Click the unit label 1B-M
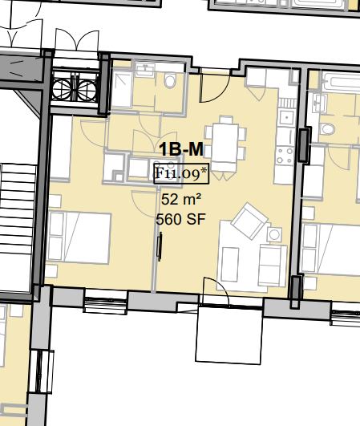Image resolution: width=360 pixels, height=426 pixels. tap(181, 149)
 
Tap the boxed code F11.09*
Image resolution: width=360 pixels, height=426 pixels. tap(181, 173)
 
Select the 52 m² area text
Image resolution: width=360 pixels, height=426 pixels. tap(181, 200)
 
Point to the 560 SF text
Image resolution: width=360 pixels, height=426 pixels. tap(181, 219)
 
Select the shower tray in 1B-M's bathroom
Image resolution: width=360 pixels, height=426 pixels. tap(122, 89)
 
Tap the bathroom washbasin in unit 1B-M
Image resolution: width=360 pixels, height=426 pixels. tap(145, 69)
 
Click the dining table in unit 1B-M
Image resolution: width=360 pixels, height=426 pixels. tap(225, 143)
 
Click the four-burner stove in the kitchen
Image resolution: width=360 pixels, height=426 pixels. tap(285, 156)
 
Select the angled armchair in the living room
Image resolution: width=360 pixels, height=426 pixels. tap(250, 221)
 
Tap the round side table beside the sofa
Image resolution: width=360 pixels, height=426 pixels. tap(274, 234)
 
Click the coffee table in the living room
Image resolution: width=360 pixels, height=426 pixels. tap(230, 264)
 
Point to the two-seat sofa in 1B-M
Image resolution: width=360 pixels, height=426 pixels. tap(273, 265)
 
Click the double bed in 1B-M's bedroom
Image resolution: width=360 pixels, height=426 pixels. tap(79, 238)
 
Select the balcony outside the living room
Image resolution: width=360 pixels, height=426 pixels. tap(229, 335)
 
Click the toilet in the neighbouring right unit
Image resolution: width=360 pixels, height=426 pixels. tap(328, 129)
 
